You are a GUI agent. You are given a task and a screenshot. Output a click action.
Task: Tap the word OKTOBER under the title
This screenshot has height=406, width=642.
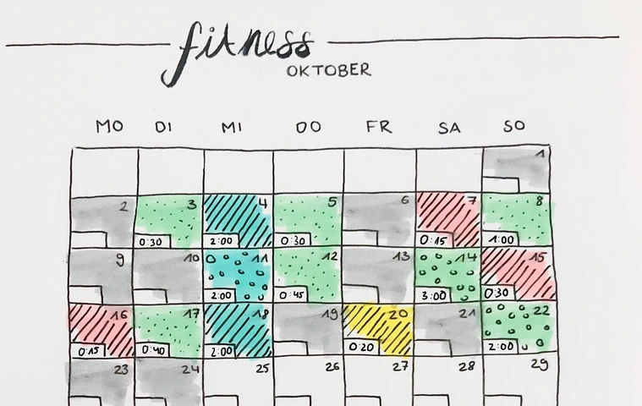(x=328, y=70)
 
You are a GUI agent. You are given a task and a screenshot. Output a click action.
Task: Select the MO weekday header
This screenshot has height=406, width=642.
(x=109, y=127)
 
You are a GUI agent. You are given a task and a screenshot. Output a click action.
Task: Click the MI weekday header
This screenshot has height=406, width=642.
(x=232, y=127)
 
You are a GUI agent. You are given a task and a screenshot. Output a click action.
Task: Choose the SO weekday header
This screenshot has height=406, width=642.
(x=514, y=127)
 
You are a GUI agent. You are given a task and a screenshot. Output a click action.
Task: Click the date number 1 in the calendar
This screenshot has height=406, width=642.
(x=540, y=154)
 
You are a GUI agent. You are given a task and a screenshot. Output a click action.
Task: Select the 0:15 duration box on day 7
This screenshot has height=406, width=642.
(x=435, y=240)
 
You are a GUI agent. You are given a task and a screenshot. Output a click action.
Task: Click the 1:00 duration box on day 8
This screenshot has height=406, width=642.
(x=502, y=239)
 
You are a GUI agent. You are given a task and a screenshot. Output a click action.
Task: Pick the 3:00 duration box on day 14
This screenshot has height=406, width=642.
(x=435, y=295)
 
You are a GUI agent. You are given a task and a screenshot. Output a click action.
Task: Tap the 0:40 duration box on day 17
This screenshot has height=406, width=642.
(x=154, y=348)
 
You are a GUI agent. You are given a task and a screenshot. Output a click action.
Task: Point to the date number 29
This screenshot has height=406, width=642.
(x=539, y=365)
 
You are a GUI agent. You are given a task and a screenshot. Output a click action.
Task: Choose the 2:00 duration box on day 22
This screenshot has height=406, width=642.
(x=502, y=346)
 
